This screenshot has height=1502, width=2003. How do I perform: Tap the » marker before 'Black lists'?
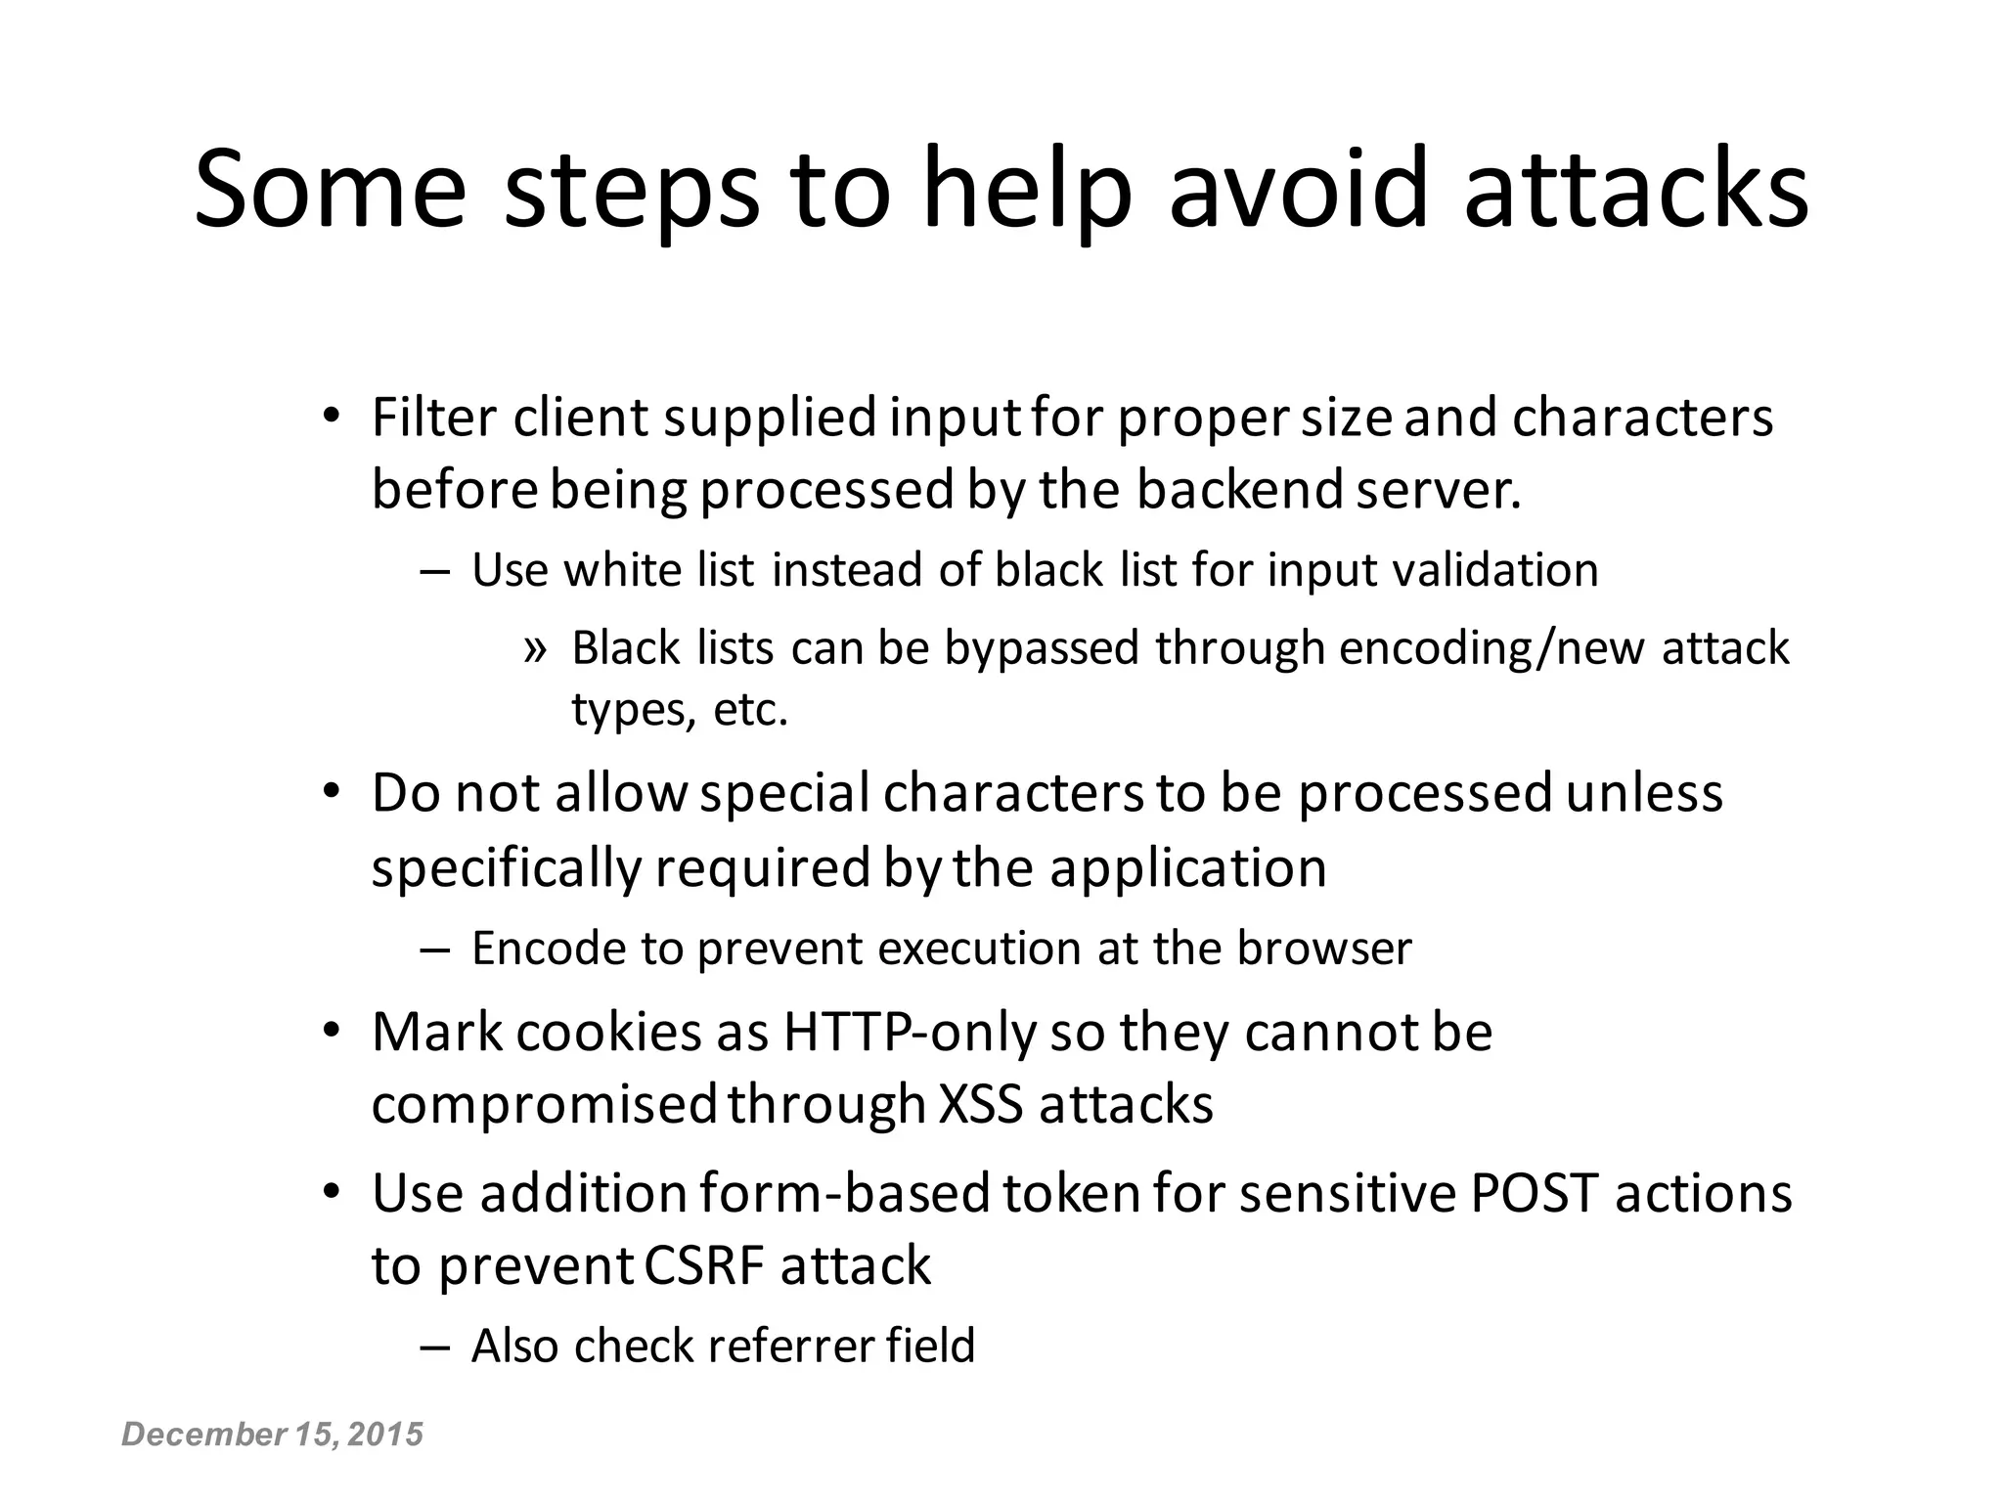coord(534,648)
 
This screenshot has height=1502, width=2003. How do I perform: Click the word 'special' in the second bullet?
coord(784,793)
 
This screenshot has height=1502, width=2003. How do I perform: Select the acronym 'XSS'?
coord(981,1105)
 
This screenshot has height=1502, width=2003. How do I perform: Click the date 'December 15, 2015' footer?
coord(272,1435)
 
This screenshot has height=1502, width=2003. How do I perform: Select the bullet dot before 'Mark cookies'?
coord(331,1033)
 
